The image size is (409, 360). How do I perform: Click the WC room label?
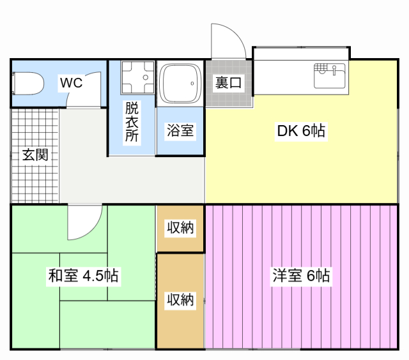(x=72, y=82)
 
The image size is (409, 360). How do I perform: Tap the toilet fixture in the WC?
(x=27, y=83)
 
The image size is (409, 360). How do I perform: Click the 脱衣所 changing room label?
(x=132, y=121)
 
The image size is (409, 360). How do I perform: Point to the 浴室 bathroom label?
(x=180, y=131)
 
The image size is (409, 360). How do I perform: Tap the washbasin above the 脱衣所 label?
(x=137, y=79)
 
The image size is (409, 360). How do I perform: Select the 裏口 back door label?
(x=228, y=82)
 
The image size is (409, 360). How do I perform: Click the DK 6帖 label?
(x=302, y=131)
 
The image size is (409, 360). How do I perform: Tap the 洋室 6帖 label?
(x=301, y=276)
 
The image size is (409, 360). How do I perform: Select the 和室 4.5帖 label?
(x=83, y=276)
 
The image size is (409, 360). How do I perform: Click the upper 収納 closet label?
(x=180, y=227)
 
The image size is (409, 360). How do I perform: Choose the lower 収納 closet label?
(x=180, y=299)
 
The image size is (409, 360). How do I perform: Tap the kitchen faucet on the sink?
(x=334, y=68)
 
